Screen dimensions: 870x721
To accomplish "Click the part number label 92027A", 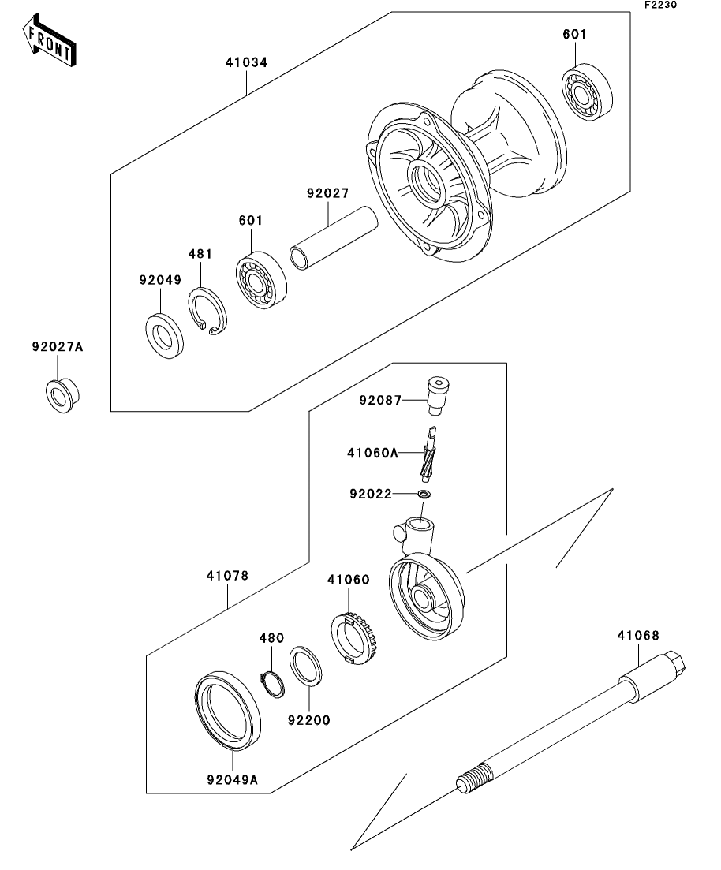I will point(58,345).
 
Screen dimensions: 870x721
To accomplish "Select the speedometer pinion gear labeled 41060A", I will point(429,454).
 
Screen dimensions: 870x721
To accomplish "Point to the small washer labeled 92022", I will point(424,495).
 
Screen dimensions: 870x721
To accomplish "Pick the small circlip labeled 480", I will point(271,681).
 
